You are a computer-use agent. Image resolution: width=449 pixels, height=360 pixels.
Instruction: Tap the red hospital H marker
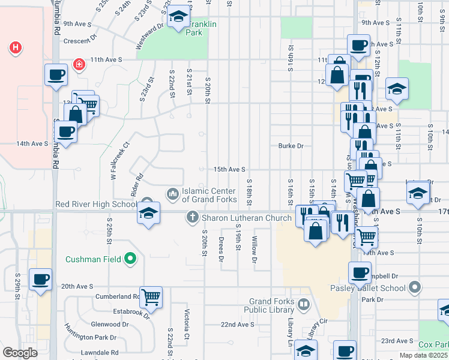16,47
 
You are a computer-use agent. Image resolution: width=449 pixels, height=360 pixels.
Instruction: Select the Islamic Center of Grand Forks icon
173,193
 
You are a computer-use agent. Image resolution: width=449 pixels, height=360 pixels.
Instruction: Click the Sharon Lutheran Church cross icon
193,217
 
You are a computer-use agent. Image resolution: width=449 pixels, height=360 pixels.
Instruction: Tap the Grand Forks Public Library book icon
304,305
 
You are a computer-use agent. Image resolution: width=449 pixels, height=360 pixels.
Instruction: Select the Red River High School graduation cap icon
148,213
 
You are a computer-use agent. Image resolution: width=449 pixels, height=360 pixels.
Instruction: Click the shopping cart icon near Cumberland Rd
151,297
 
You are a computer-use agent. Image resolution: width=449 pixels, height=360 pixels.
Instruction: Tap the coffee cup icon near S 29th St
40,279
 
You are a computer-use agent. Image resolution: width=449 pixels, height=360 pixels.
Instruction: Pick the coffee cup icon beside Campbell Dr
360,273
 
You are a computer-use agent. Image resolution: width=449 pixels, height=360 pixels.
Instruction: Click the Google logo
19,353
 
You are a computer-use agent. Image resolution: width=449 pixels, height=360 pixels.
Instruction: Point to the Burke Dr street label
291,146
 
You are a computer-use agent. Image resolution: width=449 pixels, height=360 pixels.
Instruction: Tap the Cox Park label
433,345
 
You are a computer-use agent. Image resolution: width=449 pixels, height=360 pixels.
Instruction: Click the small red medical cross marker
79,64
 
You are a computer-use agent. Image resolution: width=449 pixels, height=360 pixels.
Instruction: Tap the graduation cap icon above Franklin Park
178,17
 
